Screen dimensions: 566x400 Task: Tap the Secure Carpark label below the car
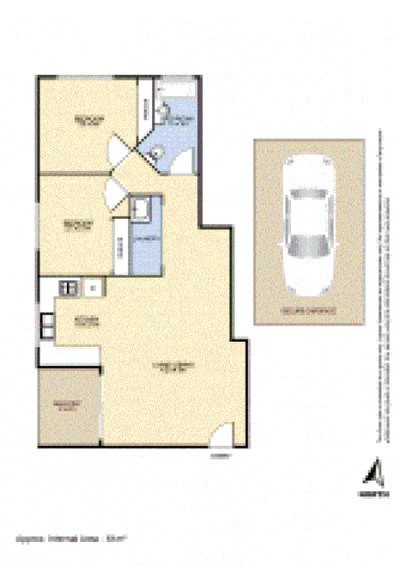307,309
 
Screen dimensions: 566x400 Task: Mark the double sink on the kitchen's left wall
45,326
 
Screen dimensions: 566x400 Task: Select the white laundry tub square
142,207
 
